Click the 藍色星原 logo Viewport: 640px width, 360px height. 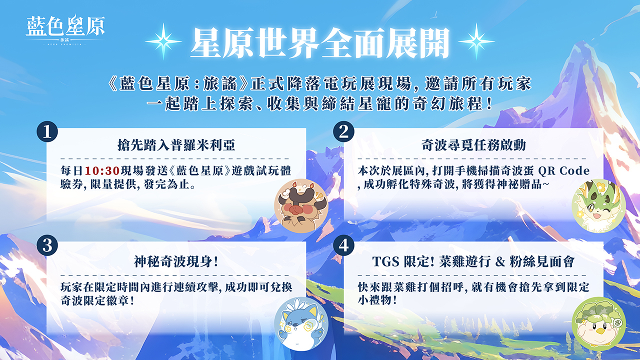(x=65, y=29)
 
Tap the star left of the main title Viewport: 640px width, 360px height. (x=163, y=41)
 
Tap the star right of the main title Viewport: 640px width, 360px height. (x=476, y=41)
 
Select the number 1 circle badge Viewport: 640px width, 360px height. (x=47, y=131)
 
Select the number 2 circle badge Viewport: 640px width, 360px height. (x=343, y=131)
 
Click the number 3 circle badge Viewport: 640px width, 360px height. (x=47, y=245)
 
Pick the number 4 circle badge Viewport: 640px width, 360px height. (x=343, y=245)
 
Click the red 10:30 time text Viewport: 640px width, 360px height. (x=102, y=171)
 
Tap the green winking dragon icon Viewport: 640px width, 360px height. (x=599, y=205)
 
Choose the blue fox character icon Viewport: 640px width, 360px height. (x=301, y=323)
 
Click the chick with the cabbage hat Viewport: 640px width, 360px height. (x=599, y=323)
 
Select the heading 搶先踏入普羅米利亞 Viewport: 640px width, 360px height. (x=176, y=145)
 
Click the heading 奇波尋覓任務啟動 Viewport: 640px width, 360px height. (x=473, y=145)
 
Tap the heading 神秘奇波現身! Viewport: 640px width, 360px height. (x=176, y=261)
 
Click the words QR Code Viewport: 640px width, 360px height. (x=563, y=171)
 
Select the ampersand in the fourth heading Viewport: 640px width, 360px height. (x=500, y=261)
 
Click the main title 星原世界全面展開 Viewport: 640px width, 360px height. (x=320, y=43)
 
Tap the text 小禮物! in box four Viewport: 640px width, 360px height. (x=377, y=300)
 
